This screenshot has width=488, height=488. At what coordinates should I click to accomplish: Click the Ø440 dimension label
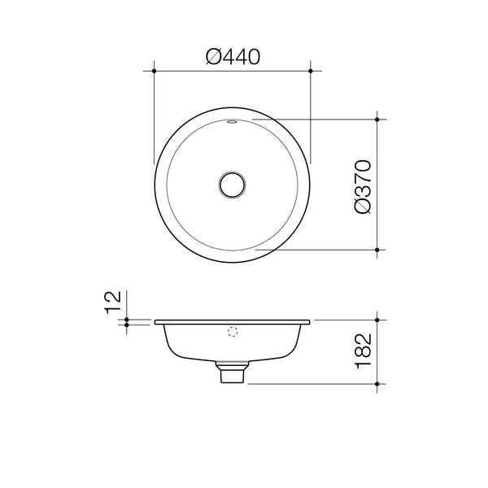(233, 57)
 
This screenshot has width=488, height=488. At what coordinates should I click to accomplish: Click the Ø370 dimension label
(363, 187)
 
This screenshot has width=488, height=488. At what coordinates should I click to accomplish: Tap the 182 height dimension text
(364, 351)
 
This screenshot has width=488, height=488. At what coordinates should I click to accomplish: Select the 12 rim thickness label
(113, 303)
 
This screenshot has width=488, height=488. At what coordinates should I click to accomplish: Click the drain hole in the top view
(232, 185)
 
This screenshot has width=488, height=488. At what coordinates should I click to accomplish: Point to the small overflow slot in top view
(232, 122)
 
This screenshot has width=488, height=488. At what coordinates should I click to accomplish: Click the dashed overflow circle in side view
(233, 332)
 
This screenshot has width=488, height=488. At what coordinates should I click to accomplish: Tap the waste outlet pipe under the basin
(232, 373)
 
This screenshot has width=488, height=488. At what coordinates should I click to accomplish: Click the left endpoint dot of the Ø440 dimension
(154, 71)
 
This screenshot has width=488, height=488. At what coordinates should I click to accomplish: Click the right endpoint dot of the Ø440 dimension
(311, 71)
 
